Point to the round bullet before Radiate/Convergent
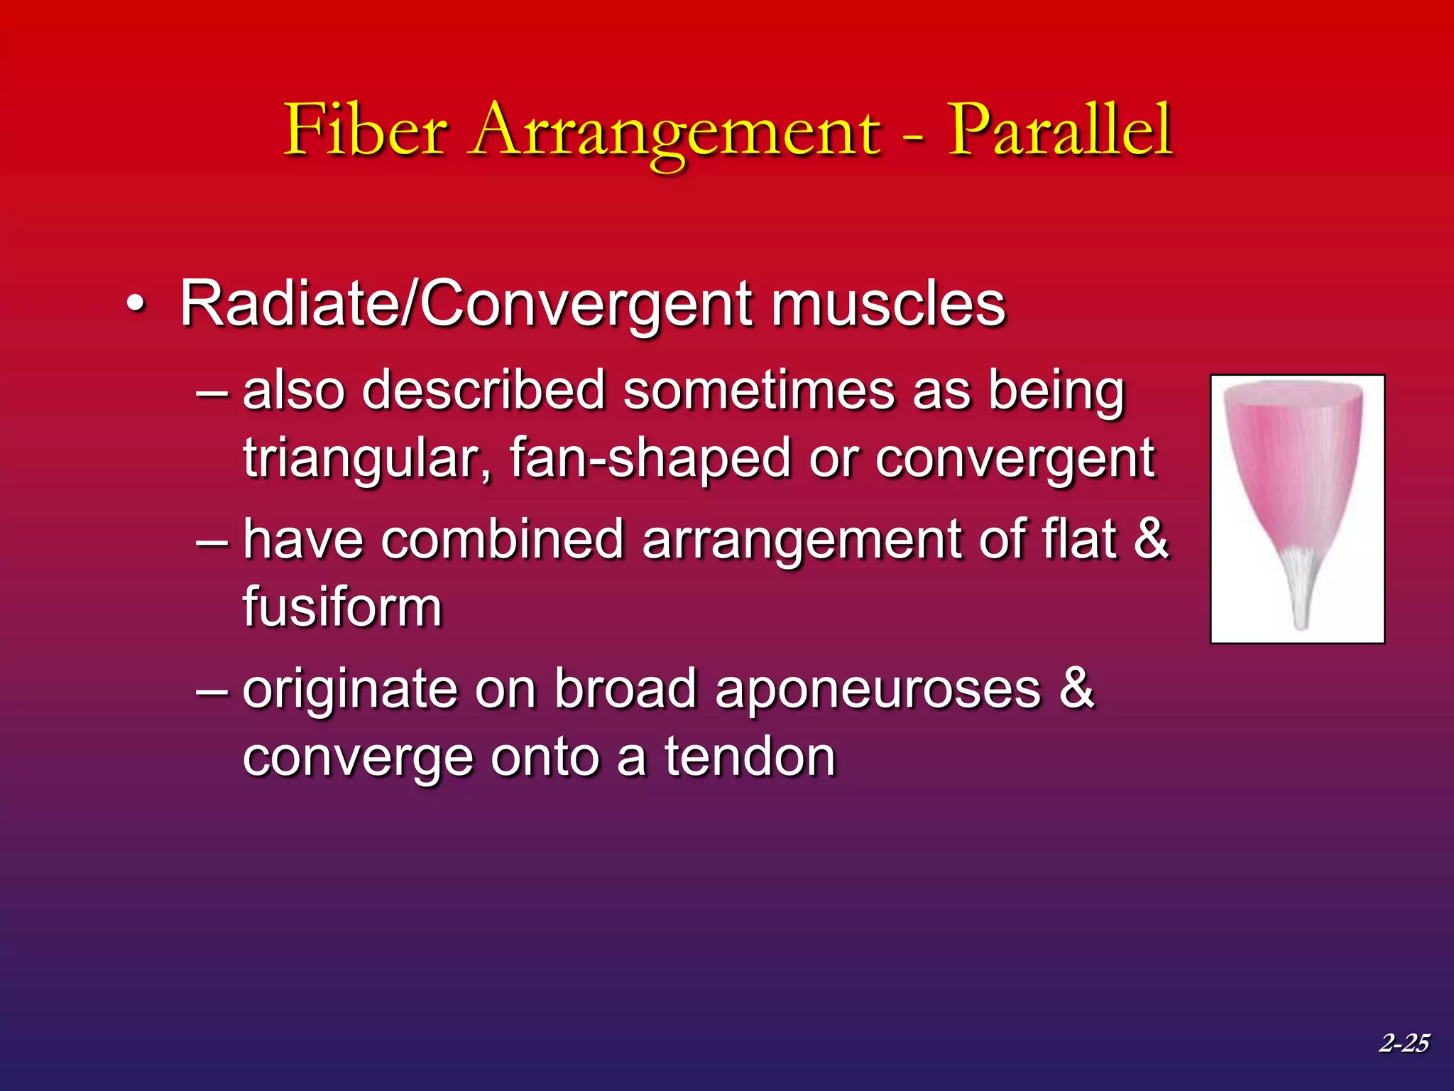click(136, 306)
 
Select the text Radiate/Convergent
click(469, 305)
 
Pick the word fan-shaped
click(650, 458)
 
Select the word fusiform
click(342, 607)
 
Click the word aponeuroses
click(878, 688)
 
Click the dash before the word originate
click(212, 688)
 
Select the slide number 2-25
click(1404, 1043)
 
